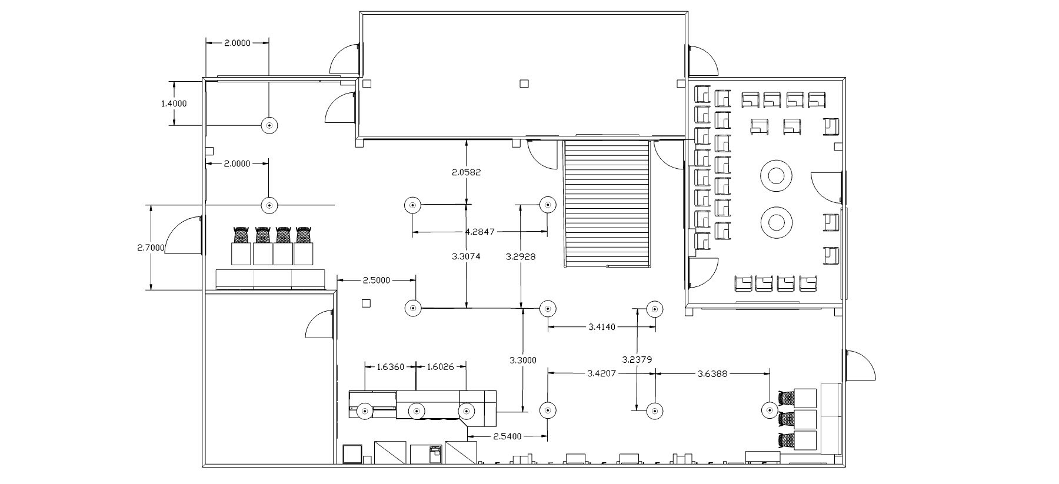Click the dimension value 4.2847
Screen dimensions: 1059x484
pyautogui.click(x=479, y=232)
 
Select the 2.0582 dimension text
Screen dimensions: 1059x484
pyautogui.click(x=466, y=172)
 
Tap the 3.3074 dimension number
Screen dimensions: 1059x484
pyautogui.click(x=467, y=256)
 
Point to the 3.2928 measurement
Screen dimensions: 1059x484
pyautogui.click(x=521, y=256)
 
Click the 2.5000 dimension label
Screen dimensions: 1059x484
pyautogui.click(x=376, y=281)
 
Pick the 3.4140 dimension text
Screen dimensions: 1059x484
pyautogui.click(x=601, y=326)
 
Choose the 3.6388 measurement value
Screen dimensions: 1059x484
pyautogui.click(x=712, y=373)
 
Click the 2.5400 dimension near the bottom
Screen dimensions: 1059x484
pyautogui.click(x=507, y=436)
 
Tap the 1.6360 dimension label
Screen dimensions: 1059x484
pyautogui.click(x=390, y=367)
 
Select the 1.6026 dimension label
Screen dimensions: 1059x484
pyautogui.click(x=441, y=367)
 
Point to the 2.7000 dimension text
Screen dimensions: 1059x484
pyautogui.click(x=151, y=248)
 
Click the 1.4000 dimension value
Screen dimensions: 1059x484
pyautogui.click(x=174, y=104)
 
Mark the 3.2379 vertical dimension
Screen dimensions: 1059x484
pyautogui.click(x=637, y=359)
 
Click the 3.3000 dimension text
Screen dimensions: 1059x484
pyautogui.click(x=522, y=361)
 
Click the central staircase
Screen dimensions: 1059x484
pyautogui.click(x=608, y=203)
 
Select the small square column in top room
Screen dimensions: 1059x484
pyautogui.click(x=524, y=84)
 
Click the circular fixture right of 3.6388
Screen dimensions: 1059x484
pyautogui.click(x=770, y=410)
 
